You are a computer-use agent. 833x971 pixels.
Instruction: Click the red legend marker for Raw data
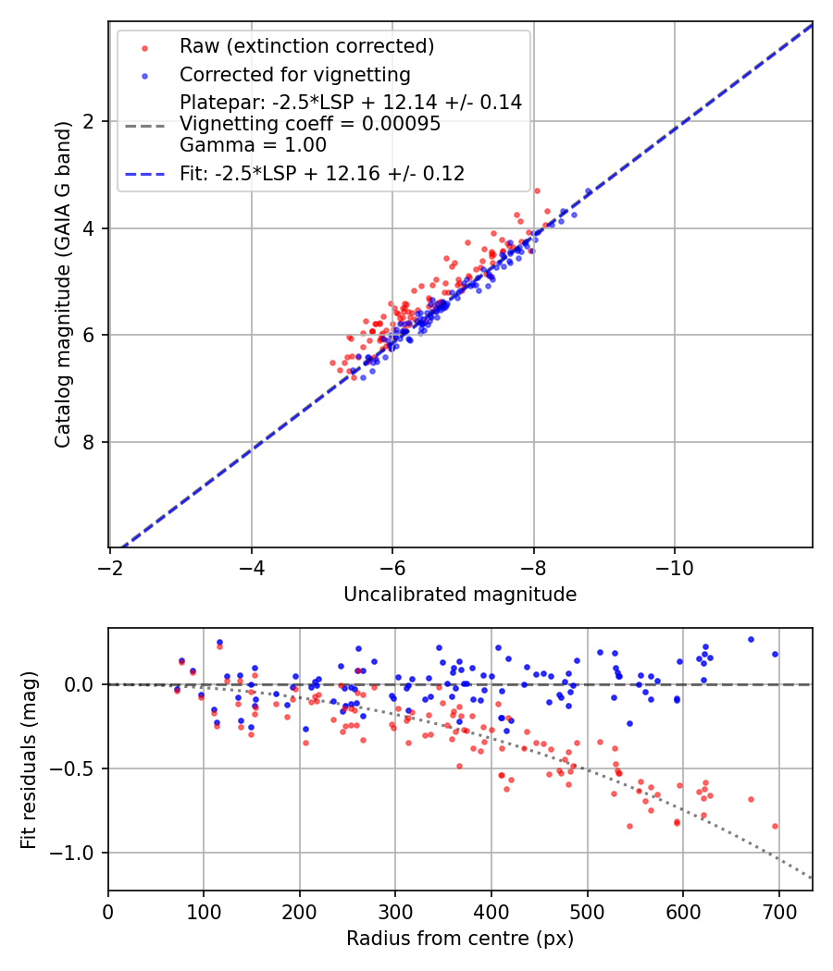point(144,47)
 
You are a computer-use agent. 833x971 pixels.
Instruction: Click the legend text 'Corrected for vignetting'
point(295,74)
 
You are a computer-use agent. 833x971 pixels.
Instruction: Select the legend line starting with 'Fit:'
point(321,173)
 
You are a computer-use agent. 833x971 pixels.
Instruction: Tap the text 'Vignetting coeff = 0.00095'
point(310,123)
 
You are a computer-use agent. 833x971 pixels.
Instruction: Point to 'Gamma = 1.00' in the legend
point(253,144)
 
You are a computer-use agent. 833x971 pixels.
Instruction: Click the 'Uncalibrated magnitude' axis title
point(460,595)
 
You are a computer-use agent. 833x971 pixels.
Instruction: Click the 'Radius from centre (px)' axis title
point(460,939)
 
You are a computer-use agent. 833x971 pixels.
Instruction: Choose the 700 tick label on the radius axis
point(778,911)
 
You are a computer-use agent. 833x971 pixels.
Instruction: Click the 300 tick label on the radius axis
point(395,911)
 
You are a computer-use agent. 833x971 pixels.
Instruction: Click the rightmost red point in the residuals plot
point(775,826)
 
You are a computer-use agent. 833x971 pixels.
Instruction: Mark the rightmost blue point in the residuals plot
point(775,654)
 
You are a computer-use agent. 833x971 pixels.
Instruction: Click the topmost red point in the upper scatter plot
point(537,191)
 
